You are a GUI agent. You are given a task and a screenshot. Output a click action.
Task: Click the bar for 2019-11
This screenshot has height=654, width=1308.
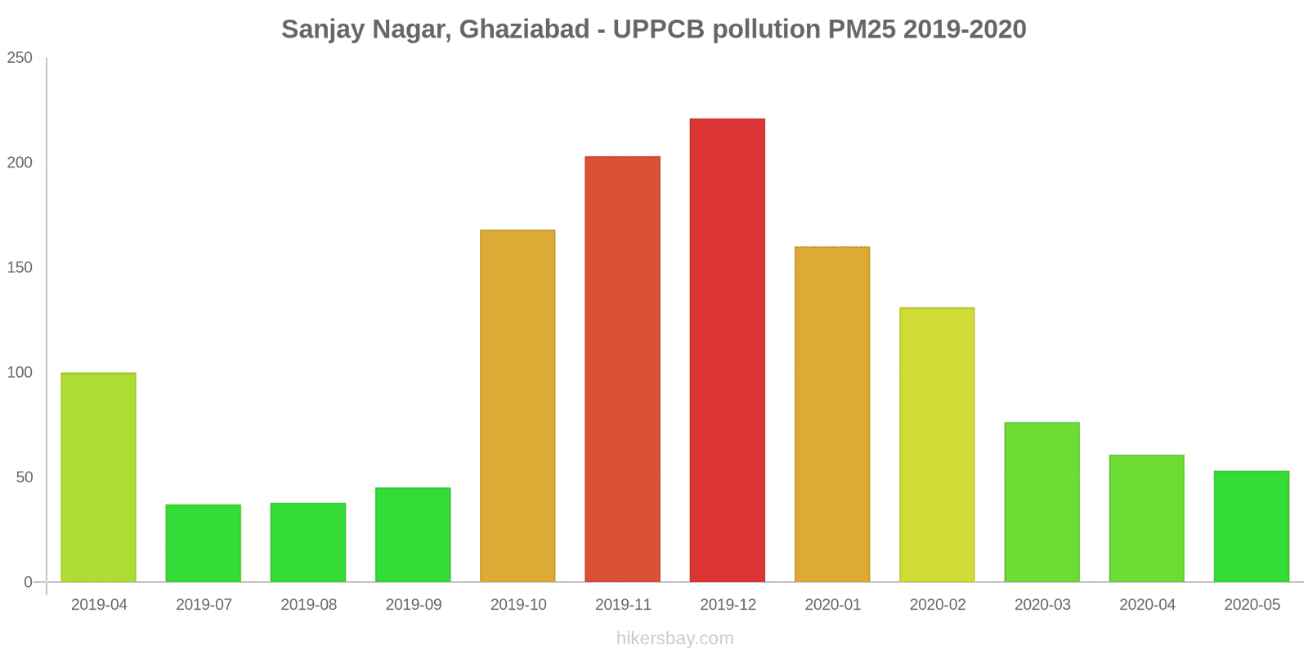(x=622, y=369)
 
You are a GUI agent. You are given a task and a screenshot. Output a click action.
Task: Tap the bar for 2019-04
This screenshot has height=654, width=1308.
(x=98, y=477)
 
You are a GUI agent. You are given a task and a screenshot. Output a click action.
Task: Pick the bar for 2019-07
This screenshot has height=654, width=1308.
(x=203, y=543)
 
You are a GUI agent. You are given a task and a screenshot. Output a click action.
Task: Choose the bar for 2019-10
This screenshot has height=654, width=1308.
(x=517, y=405)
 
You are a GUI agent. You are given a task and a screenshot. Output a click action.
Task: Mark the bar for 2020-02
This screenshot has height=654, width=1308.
(x=937, y=445)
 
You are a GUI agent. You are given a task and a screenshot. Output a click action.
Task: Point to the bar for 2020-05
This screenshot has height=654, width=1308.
(x=1251, y=526)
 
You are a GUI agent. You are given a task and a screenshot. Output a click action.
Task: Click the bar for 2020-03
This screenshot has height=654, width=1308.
(x=1041, y=502)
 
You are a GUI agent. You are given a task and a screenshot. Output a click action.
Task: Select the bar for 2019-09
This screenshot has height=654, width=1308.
(x=413, y=535)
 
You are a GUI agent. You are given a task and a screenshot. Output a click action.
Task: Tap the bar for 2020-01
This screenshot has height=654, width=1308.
(x=832, y=414)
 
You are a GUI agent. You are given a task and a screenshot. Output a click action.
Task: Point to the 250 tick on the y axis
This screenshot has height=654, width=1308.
(x=20, y=58)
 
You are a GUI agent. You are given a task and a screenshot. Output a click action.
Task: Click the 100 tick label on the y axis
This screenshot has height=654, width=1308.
(x=20, y=373)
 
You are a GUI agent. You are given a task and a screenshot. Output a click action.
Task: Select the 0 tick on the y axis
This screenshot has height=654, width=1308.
(x=28, y=582)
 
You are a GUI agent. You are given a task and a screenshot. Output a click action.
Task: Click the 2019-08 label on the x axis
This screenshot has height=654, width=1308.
(x=308, y=605)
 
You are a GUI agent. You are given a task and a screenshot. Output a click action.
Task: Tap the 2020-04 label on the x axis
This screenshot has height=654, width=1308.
(x=1147, y=605)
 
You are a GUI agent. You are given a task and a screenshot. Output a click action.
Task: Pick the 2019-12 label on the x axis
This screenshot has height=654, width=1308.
(x=728, y=605)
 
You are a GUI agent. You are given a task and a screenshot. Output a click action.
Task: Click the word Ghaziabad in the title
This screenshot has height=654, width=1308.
(x=524, y=29)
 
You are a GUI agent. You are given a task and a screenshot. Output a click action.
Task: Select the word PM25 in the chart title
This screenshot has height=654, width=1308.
(x=862, y=29)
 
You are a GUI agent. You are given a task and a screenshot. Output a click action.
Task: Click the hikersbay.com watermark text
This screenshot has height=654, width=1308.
(x=674, y=638)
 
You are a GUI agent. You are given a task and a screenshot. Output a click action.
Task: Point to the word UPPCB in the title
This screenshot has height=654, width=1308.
(x=658, y=29)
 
